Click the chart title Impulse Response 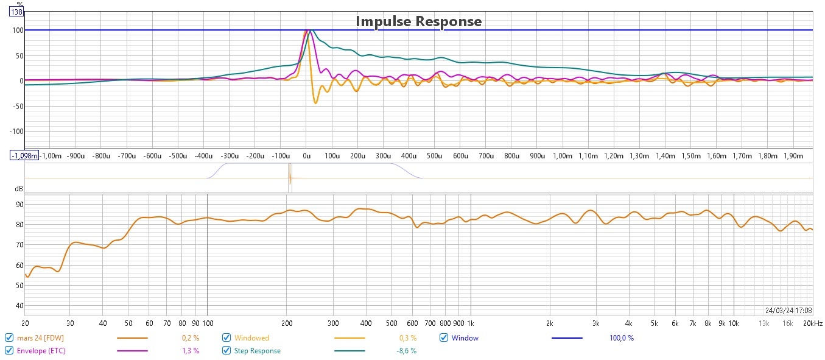[x=418, y=22]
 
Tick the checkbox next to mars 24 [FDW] [x=9, y=337]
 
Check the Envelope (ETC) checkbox [x=9, y=350]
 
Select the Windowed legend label [x=251, y=337]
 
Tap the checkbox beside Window [x=444, y=337]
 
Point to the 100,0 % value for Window [x=621, y=337]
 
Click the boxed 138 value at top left [x=16, y=12]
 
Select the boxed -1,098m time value [x=24, y=155]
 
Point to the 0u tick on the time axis [x=307, y=156]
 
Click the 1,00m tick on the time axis [x=562, y=156]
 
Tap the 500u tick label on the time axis [x=434, y=156]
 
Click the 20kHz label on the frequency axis [x=813, y=323]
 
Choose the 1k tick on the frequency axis [x=469, y=323]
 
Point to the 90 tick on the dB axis [x=19, y=204]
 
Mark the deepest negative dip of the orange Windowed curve [x=315, y=103]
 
